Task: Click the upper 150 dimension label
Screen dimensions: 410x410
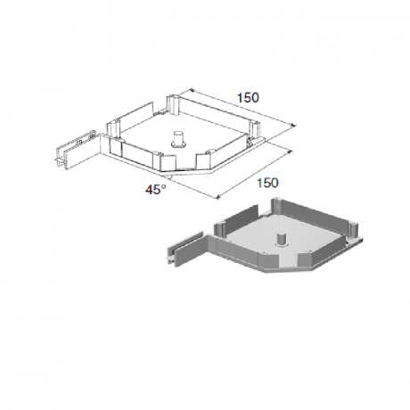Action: click(x=248, y=98)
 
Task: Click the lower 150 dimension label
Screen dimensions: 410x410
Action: click(x=267, y=183)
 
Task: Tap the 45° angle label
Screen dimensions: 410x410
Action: click(x=155, y=189)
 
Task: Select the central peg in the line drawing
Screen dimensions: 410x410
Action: click(x=178, y=140)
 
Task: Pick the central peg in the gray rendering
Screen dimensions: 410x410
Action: click(x=281, y=240)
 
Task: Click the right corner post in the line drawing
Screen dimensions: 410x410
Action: click(x=254, y=129)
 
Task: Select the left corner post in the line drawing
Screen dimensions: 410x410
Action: click(x=113, y=130)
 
